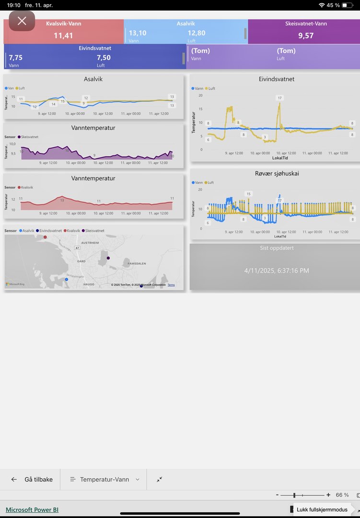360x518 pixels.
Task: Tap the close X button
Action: coord(22,21)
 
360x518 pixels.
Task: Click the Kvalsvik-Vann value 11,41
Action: coord(63,35)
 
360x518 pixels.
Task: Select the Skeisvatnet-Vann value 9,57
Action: coord(306,35)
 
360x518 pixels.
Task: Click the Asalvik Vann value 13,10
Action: coord(138,33)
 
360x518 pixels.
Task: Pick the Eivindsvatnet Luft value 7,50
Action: coord(104,58)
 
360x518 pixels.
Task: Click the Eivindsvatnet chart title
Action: coord(276,79)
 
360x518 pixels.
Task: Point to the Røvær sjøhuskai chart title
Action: coord(277,174)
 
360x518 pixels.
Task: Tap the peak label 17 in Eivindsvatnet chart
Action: coord(280,98)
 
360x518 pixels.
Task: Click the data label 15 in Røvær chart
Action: coord(248,194)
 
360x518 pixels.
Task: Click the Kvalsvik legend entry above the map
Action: coord(72,231)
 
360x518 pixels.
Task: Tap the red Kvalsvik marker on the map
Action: coord(45,237)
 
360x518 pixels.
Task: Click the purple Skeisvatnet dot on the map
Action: coord(108,258)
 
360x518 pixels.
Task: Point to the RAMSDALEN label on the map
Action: coord(137,264)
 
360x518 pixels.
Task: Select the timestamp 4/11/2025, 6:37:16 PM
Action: coord(277,271)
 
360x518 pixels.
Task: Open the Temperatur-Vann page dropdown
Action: coord(105,479)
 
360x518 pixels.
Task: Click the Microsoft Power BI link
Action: coord(32,510)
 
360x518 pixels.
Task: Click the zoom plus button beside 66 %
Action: coord(328,495)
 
